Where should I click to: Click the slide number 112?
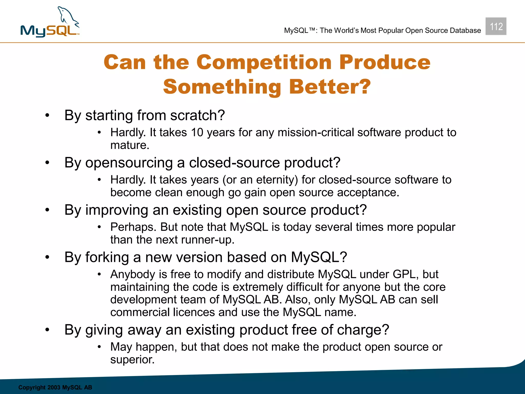click(x=496, y=26)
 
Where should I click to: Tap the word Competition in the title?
click(x=264, y=62)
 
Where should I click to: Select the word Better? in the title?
click(x=330, y=87)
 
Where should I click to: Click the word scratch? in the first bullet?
click(x=197, y=115)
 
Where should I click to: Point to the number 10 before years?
click(x=197, y=133)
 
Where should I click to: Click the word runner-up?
click(x=207, y=240)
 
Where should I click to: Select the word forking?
click(x=107, y=257)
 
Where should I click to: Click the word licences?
click(x=194, y=312)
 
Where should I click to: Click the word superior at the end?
click(x=132, y=360)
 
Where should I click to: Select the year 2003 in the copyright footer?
click(x=54, y=387)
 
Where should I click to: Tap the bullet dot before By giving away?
click(x=47, y=330)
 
